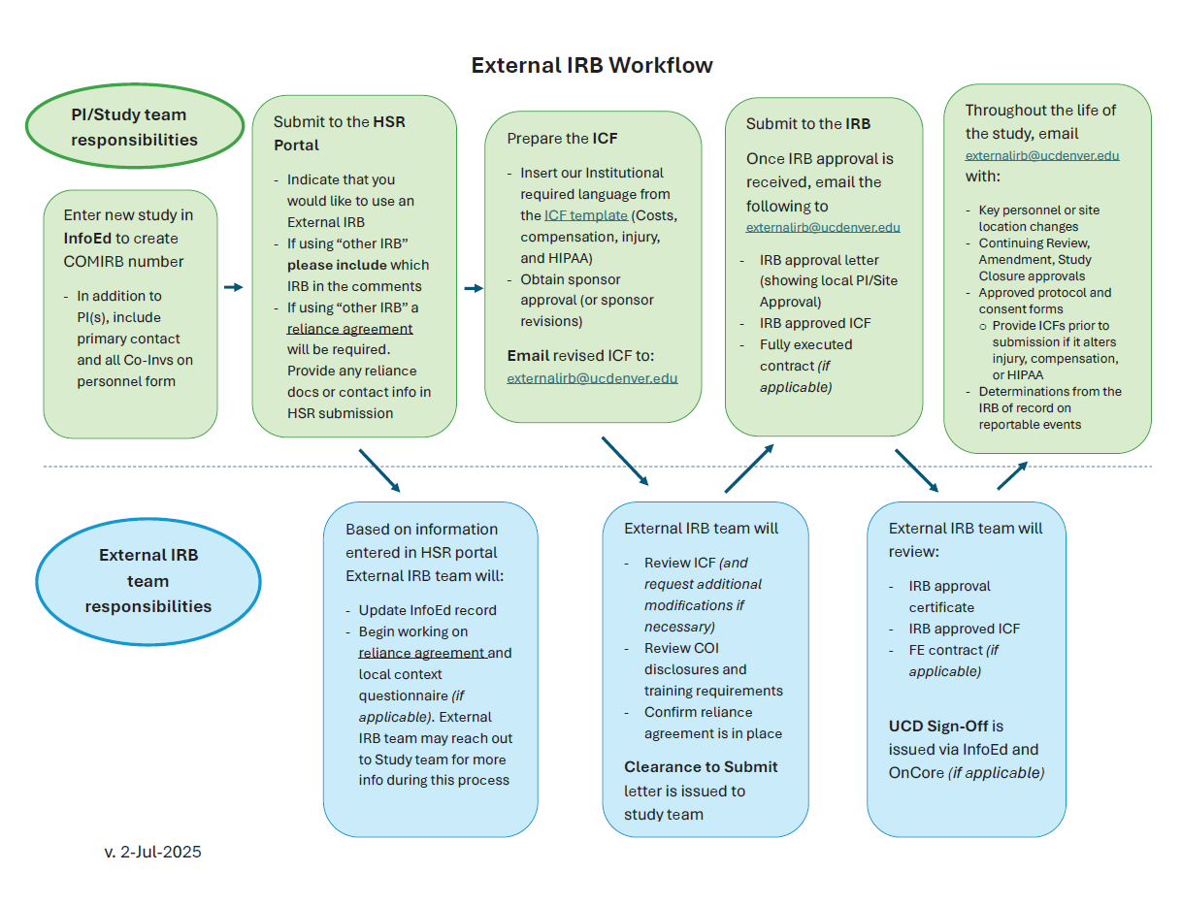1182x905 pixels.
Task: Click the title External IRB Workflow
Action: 591,65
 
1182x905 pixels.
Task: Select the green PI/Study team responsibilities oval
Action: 134,127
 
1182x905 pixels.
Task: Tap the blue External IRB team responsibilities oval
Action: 148,581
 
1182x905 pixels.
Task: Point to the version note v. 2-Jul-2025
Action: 152,852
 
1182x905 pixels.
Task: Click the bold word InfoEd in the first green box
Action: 88,238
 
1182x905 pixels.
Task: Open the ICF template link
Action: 586,215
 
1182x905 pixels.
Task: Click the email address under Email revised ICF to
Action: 592,378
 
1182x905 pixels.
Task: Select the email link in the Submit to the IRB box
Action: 823,227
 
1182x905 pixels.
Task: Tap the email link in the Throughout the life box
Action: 1042,155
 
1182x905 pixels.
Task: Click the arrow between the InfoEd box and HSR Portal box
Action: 233,287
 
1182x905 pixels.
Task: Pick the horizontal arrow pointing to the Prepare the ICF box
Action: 474,288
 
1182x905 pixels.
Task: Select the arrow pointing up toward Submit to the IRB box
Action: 749,469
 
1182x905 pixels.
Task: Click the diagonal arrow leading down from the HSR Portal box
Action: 378,469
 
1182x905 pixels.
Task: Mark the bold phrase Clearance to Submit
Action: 701,766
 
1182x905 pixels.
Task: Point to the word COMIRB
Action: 95,261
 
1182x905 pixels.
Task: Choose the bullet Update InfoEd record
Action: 427,610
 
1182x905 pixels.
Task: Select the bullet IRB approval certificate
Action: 949,597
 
